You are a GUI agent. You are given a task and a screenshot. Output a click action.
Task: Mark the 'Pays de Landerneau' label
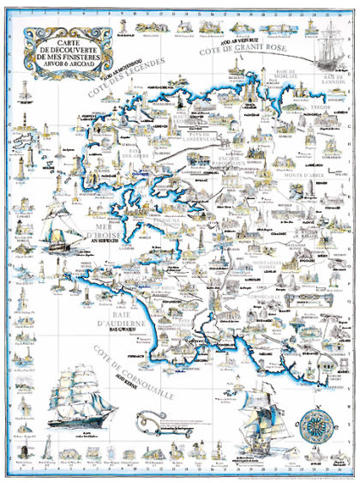pyautogui.click(x=207, y=138)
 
